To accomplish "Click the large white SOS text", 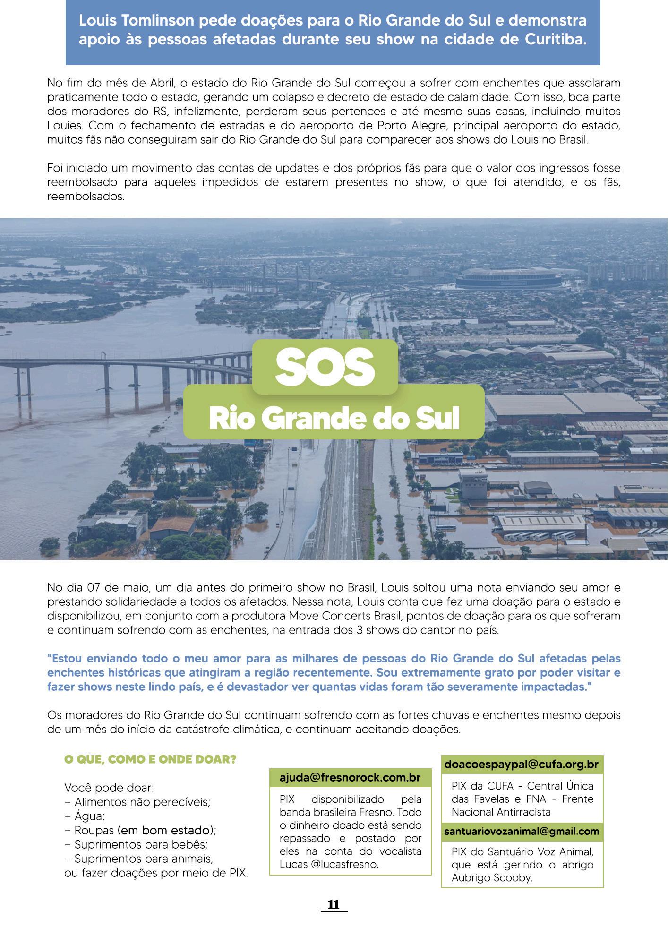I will [x=325, y=367].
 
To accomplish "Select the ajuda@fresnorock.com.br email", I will [x=350, y=778].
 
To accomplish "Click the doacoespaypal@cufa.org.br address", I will [x=522, y=764].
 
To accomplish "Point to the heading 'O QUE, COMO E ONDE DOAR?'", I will [x=150, y=760].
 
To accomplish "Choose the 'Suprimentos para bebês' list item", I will [x=141, y=844].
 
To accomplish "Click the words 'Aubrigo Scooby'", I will [x=492, y=878].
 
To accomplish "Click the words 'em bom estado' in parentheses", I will [x=165, y=830].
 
